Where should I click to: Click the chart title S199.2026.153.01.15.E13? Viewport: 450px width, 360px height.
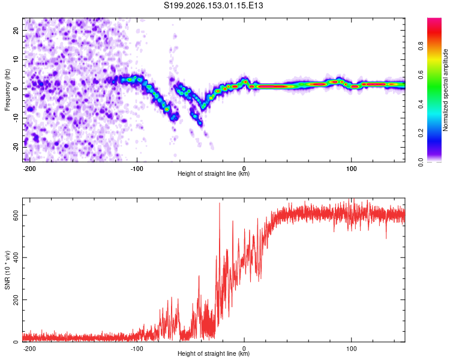[x=213, y=5]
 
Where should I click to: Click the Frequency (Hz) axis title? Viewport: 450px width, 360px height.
[x=7, y=90]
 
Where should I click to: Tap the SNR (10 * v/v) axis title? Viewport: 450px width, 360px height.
[x=7, y=270]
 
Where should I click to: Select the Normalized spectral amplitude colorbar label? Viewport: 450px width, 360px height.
[x=445, y=90]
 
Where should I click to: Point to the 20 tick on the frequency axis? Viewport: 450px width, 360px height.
[x=16, y=30]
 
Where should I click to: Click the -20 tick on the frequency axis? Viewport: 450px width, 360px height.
[x=16, y=147]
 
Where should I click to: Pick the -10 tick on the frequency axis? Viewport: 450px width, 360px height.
[x=16, y=118]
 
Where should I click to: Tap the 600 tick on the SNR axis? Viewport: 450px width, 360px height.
[x=16, y=215]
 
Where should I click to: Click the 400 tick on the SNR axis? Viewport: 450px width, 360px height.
[x=16, y=257]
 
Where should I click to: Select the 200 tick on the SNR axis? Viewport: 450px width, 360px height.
[x=16, y=300]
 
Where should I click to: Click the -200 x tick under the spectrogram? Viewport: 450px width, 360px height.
[x=29, y=169]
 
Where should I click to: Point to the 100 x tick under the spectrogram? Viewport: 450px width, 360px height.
[x=351, y=169]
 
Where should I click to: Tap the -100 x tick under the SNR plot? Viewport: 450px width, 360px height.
[x=137, y=349]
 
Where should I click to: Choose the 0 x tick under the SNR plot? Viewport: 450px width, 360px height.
[x=244, y=349]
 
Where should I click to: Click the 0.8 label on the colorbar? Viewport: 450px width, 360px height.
[x=421, y=46]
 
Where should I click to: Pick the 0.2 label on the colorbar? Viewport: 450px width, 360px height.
[x=421, y=133]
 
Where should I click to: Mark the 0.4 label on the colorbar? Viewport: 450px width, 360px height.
[x=421, y=104]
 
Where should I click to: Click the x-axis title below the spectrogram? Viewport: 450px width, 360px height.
[x=214, y=173]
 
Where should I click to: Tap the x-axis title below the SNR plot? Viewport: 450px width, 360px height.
[x=214, y=353]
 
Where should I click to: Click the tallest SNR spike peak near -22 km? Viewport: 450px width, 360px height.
[x=220, y=203]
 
